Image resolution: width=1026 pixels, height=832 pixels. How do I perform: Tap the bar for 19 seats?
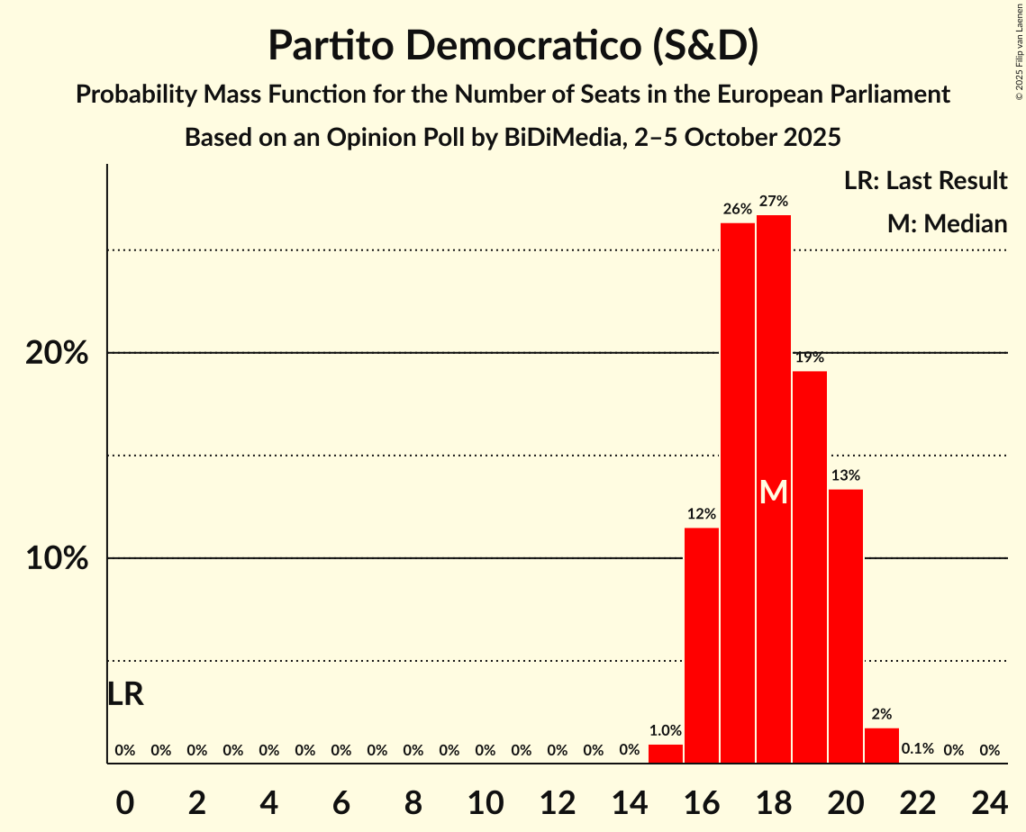(810, 567)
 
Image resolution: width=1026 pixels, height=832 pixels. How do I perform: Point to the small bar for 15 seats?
(666, 755)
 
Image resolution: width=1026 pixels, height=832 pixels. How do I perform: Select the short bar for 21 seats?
(882, 746)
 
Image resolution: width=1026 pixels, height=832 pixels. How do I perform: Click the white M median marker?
(774, 492)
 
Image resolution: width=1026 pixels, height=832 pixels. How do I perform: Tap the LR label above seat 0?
(125, 694)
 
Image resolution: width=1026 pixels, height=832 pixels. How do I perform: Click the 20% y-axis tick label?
(57, 353)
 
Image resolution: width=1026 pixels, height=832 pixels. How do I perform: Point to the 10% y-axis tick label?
(57, 558)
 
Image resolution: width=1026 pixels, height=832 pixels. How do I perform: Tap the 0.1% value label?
(917, 749)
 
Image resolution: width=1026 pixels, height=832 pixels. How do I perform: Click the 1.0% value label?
(666, 731)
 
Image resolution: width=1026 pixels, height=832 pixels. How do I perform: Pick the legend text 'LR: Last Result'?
(925, 181)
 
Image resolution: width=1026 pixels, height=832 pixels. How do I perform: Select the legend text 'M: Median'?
(947, 223)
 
